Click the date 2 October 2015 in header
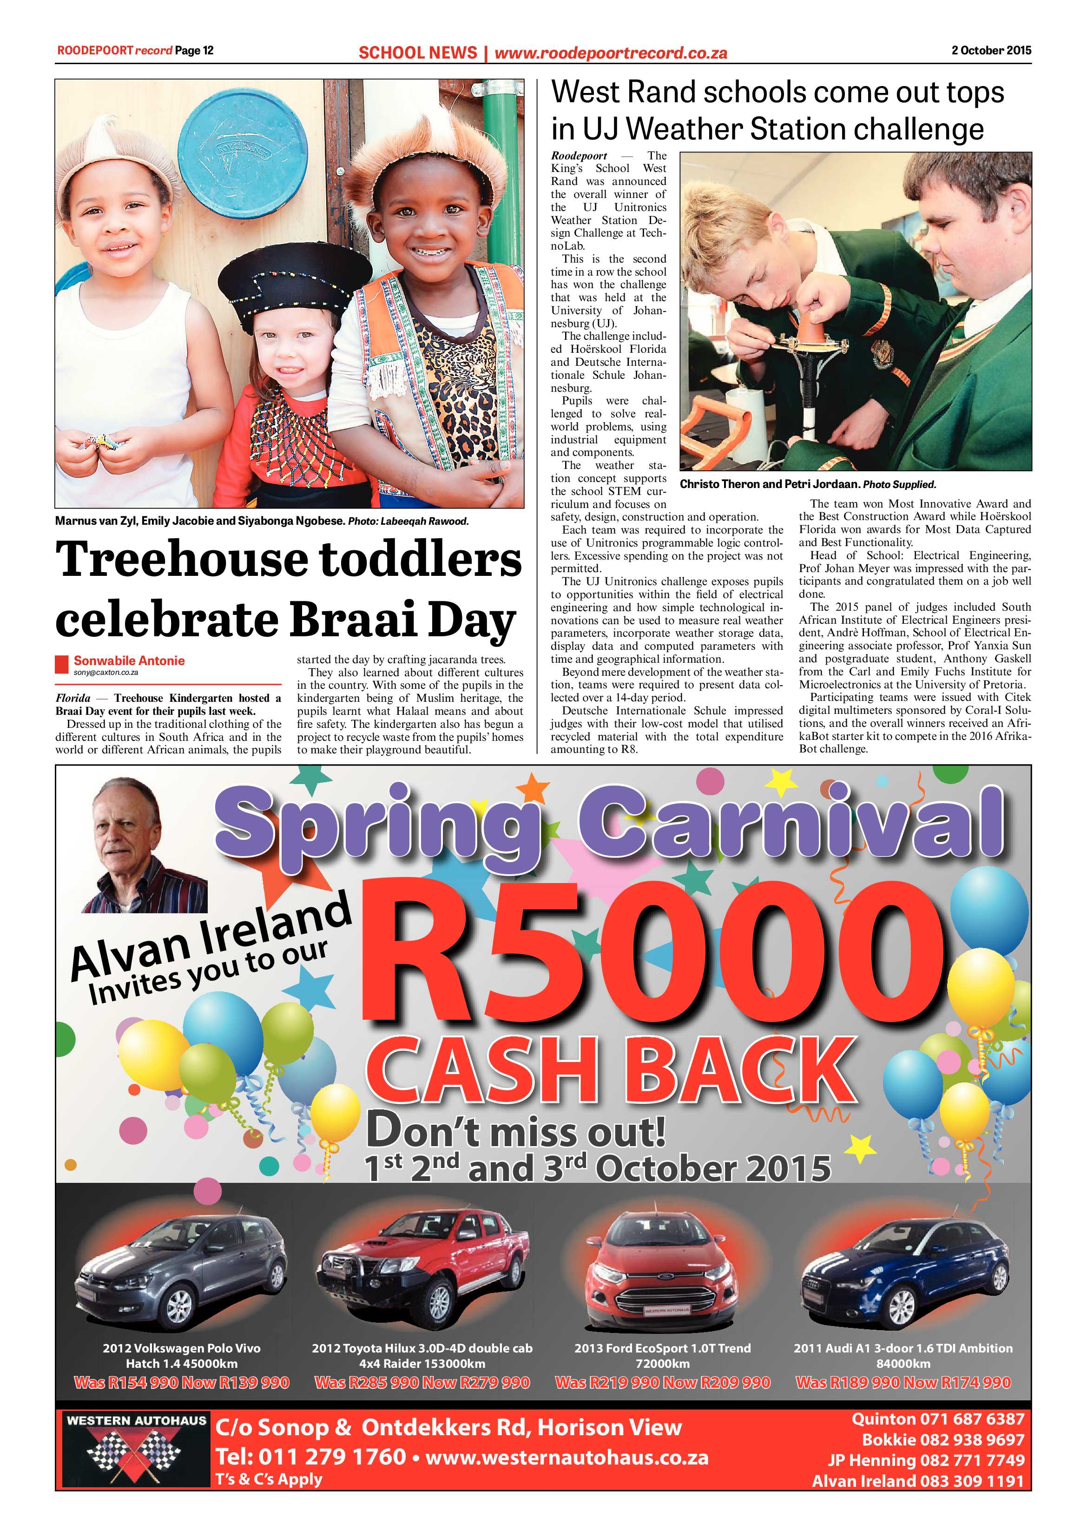coord(991,50)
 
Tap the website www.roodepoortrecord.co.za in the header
coord(611,53)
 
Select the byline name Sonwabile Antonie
coord(129,661)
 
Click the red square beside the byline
coord(62,664)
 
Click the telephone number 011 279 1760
coord(331,1457)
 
